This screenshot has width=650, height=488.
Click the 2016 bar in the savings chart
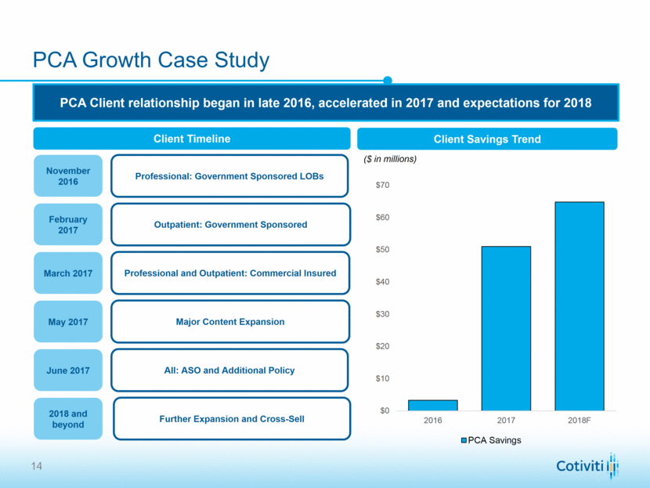click(x=432, y=405)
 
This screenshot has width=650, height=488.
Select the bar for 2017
click(x=506, y=328)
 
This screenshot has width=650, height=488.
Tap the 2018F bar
click(x=579, y=306)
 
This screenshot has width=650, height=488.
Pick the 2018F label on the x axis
click(x=579, y=420)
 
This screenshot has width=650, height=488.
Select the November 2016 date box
click(x=68, y=176)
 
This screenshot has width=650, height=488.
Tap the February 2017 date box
click(x=68, y=225)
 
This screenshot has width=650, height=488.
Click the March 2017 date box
click(x=68, y=273)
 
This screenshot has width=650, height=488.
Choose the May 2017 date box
click(x=68, y=322)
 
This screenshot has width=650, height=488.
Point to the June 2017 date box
click(x=68, y=371)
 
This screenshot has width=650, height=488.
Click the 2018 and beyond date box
click(x=68, y=419)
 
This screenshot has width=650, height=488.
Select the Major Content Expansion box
click(x=229, y=322)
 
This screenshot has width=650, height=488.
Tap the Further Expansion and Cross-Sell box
click(x=231, y=419)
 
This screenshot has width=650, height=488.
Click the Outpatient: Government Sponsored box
click(x=229, y=225)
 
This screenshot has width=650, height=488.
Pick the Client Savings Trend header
click(x=487, y=139)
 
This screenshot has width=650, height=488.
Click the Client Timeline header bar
click(x=191, y=139)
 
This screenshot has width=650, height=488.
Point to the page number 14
click(x=37, y=468)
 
